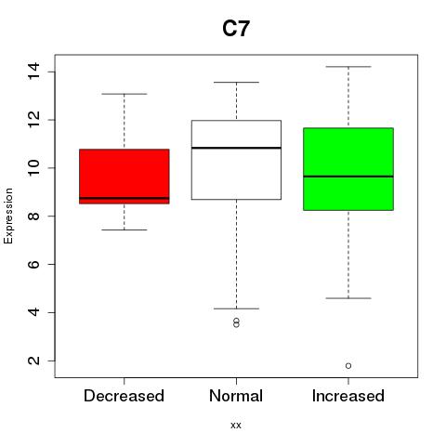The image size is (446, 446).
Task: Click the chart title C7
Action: point(236,29)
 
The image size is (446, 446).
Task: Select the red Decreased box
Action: point(125,177)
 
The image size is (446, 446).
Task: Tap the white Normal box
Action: point(236,160)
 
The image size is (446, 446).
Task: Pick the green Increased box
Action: point(348,169)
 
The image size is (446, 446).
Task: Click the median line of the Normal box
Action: point(236,148)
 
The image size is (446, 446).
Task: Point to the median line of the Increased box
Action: point(348,177)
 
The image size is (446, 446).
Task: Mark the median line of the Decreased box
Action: point(125,198)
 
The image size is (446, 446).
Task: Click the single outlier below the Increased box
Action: point(348,366)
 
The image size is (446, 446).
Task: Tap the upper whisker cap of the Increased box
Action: point(348,67)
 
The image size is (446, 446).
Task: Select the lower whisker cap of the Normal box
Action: point(236,308)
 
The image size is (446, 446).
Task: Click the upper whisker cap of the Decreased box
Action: point(125,94)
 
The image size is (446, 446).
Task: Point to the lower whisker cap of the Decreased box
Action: point(125,230)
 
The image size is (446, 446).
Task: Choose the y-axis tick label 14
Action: point(33,72)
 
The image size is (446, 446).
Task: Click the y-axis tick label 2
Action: point(33,361)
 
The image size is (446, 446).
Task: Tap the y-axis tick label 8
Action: point(33,216)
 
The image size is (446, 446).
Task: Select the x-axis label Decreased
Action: point(124,396)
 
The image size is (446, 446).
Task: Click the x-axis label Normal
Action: point(236,396)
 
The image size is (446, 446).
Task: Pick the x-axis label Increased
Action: point(348,396)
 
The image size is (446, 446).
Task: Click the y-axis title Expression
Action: point(8,216)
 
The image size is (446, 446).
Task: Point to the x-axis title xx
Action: point(236,426)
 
